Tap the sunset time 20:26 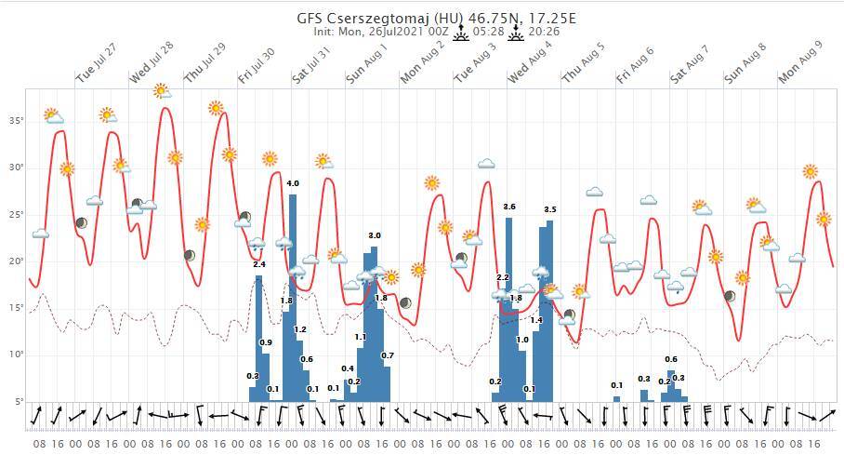544,32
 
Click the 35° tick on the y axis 16,121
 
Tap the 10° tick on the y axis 16,355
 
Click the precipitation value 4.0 293,183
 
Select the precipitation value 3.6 508,207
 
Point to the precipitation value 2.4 259,265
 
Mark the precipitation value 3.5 549,209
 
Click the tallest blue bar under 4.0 293,298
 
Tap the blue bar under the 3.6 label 508,307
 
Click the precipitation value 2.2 503,278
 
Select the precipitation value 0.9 266,343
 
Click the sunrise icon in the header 461,32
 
